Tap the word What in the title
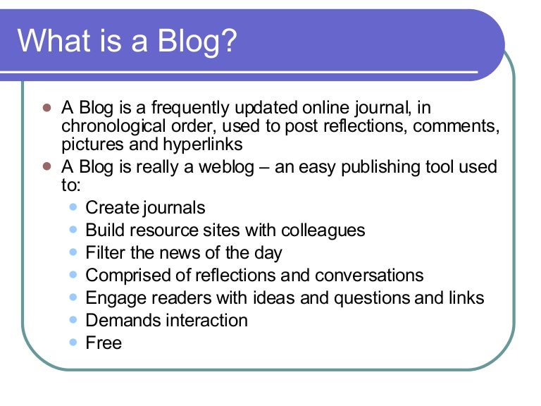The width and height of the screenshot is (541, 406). click(53, 41)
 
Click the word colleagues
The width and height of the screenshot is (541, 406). click(323, 230)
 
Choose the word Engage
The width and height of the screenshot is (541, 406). click(111, 298)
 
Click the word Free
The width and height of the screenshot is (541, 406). click(104, 343)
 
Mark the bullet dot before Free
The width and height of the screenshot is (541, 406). click(75, 343)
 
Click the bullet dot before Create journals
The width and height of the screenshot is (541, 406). click(75, 207)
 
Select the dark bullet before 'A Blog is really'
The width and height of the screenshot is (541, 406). click(48, 168)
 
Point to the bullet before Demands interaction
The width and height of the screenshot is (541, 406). click(75, 320)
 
